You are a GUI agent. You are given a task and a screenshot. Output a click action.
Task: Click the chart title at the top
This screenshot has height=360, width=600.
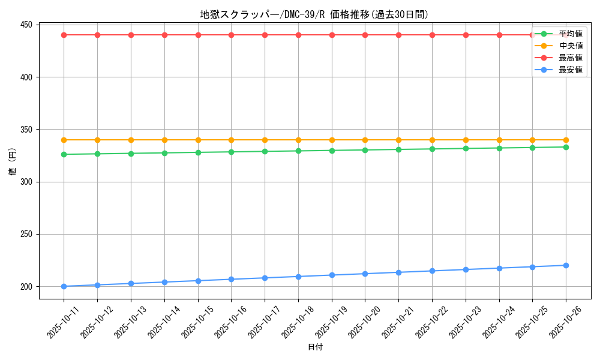[314, 14]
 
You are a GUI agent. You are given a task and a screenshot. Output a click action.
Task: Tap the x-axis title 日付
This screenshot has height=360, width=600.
[314, 347]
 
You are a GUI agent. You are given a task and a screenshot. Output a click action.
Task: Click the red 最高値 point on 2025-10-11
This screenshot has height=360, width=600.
[64, 35]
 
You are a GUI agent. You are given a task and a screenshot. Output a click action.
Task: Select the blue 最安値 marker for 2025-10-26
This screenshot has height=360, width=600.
[566, 265]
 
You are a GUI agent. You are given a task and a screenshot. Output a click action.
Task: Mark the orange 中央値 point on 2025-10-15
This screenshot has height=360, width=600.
[198, 140]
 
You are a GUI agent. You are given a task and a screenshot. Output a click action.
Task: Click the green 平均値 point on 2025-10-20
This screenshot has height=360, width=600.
[365, 150]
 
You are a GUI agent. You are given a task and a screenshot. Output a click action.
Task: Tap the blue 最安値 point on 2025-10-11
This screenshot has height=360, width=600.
[64, 286]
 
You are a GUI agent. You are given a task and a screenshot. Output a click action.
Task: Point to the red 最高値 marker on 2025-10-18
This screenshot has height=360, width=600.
[298, 35]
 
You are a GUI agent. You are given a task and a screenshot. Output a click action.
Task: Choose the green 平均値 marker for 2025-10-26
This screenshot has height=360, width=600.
[566, 147]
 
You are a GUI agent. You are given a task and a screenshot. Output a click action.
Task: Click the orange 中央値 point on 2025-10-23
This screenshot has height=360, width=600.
[466, 140]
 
